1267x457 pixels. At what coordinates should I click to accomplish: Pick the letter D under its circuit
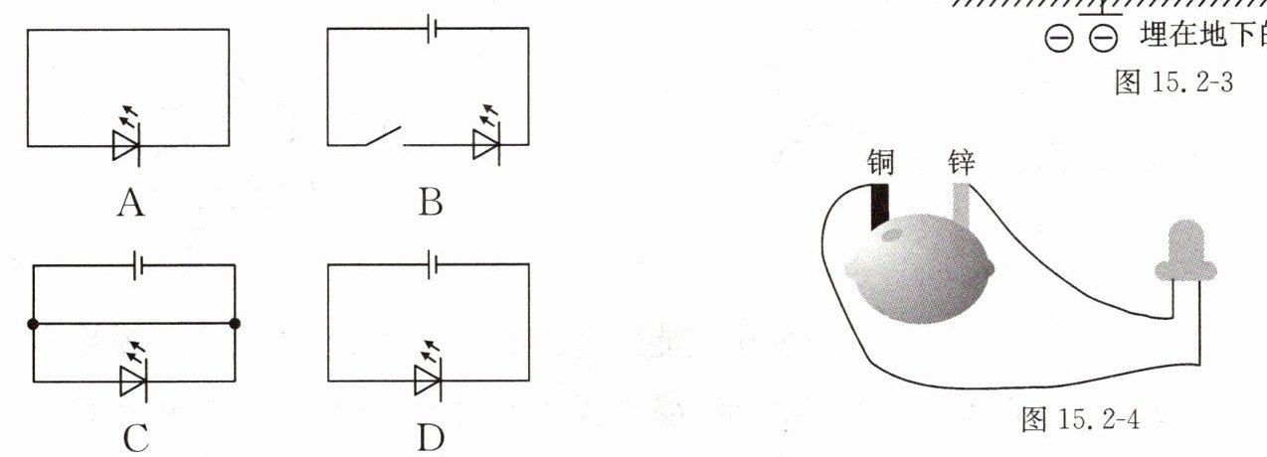[430, 437]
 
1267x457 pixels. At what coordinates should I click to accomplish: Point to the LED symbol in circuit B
[486, 146]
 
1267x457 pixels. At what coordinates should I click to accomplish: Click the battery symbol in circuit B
[431, 30]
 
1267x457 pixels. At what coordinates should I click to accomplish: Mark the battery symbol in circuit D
[431, 265]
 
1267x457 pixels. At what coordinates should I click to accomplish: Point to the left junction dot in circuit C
[34, 324]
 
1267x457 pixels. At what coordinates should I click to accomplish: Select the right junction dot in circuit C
[235, 324]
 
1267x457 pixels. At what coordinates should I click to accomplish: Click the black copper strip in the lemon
[879, 206]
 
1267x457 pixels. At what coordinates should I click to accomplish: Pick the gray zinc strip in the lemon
[961, 204]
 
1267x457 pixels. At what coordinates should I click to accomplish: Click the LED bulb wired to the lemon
[1184, 249]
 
